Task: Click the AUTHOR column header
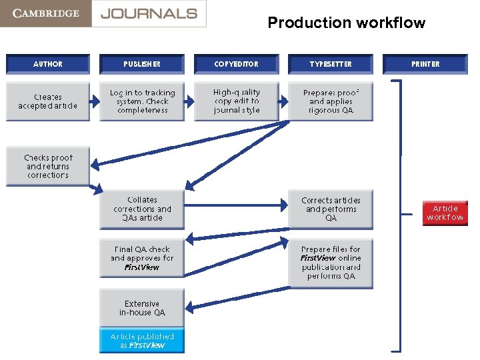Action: pyautogui.click(x=48, y=64)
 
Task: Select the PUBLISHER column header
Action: pyautogui.click(x=142, y=64)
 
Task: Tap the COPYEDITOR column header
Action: pyautogui.click(x=236, y=64)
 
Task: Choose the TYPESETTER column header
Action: pyautogui.click(x=331, y=64)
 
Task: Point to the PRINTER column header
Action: pyautogui.click(x=425, y=64)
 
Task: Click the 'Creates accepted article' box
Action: pyautogui.click(x=48, y=101)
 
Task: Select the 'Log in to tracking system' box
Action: pyautogui.click(x=142, y=101)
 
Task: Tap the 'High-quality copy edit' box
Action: pyautogui.click(x=236, y=101)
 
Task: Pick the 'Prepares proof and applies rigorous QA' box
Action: pyautogui.click(x=331, y=101)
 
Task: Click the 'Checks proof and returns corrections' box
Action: pyautogui.click(x=48, y=166)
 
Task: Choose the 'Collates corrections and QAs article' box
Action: pyautogui.click(x=142, y=209)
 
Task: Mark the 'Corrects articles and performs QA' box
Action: pyautogui.click(x=331, y=209)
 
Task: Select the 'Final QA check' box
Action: pyautogui.click(x=142, y=258)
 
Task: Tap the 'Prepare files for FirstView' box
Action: pyautogui.click(x=331, y=263)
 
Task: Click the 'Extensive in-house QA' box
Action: pyautogui.click(x=142, y=307)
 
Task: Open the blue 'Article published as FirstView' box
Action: pyautogui.click(x=142, y=341)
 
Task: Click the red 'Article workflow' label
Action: pyautogui.click(x=445, y=213)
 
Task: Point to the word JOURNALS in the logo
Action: pyautogui.click(x=149, y=13)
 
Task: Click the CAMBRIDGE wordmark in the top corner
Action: pyautogui.click(x=45, y=13)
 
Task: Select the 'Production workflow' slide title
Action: pyautogui.click(x=346, y=23)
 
